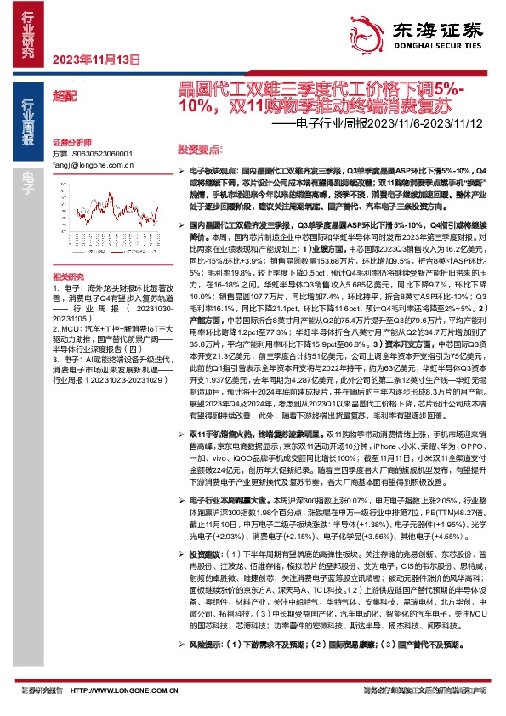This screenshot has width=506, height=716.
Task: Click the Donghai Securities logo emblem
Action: point(361,30)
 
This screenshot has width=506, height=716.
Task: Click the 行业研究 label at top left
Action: point(26,34)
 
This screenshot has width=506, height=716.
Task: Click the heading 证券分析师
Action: point(71,142)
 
